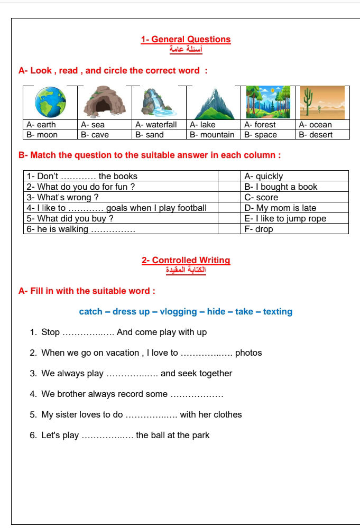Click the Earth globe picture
[50, 102]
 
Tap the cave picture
[105, 101]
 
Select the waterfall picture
[159, 102]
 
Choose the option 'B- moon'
[42, 135]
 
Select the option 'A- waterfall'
[156, 125]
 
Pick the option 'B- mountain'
[212, 135]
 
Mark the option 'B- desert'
[316, 135]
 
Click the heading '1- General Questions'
[186, 39]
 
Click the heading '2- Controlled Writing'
[186, 260]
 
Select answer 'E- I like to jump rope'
[285, 218]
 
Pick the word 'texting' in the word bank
[278, 311]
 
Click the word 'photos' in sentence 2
[248, 353]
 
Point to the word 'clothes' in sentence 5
[228, 414]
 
